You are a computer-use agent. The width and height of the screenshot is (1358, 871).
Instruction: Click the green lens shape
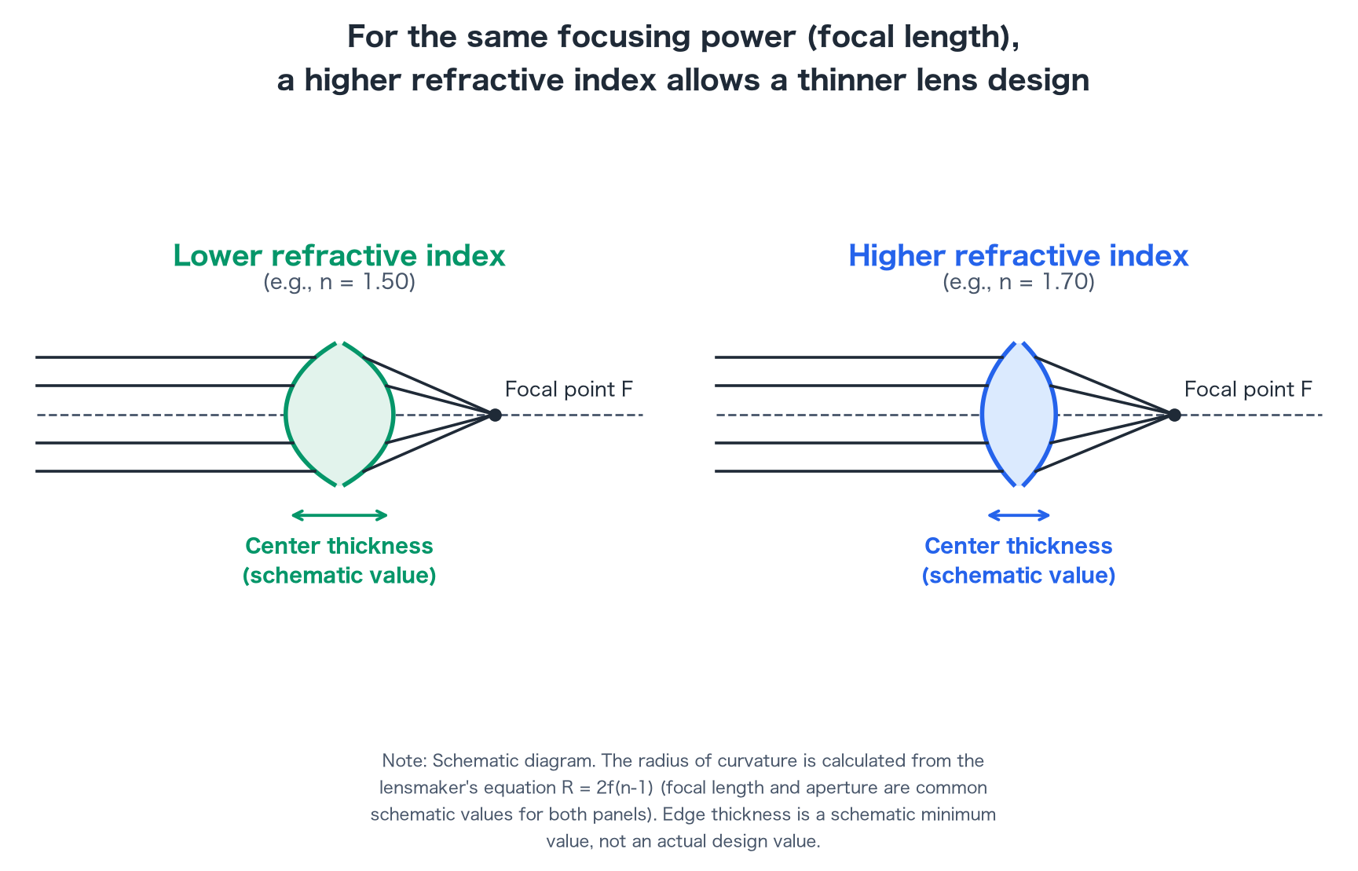[x=339, y=414]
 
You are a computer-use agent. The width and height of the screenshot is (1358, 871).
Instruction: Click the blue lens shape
[x=1019, y=414]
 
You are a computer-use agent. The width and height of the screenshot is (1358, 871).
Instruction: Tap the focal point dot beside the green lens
[x=495, y=415]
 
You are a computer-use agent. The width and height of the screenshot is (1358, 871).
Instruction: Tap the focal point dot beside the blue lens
[x=1174, y=415]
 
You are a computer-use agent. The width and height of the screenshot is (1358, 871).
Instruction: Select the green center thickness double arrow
[x=339, y=515]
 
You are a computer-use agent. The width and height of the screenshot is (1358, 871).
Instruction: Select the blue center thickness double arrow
[x=1019, y=515]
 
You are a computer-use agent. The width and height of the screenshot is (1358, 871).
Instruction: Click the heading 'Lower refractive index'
[x=339, y=255]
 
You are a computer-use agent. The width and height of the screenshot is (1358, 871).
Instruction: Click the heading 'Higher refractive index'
[x=1019, y=255]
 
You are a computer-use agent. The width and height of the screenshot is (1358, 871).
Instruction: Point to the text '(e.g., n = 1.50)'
[x=339, y=282]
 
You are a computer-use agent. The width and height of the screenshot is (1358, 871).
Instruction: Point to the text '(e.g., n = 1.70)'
[x=1019, y=282]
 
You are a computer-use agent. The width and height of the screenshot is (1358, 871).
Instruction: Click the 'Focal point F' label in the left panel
[x=569, y=389]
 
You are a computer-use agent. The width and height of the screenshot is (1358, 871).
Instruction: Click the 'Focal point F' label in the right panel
[x=1248, y=389]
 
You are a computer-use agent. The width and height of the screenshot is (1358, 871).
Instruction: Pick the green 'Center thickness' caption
[x=339, y=546]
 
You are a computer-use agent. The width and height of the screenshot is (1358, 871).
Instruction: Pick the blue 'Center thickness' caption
[x=1019, y=546]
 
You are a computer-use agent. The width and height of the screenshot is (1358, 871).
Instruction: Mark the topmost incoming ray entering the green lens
[x=175, y=357]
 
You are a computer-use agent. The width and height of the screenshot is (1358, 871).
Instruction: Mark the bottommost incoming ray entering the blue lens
[x=859, y=471]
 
